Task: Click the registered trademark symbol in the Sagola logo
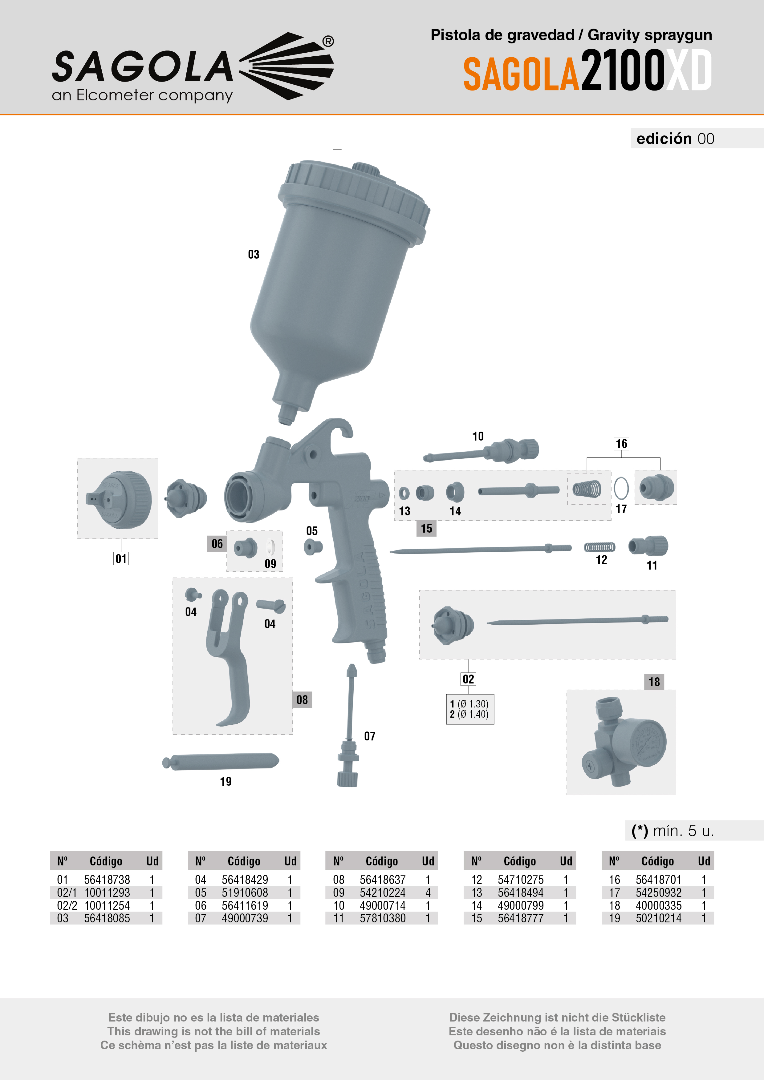coord(328,41)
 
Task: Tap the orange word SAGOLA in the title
coord(521,74)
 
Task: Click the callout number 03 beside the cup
coord(254,255)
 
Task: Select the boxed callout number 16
coord(621,444)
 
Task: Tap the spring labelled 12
coord(599,547)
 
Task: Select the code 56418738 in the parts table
coord(107,880)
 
